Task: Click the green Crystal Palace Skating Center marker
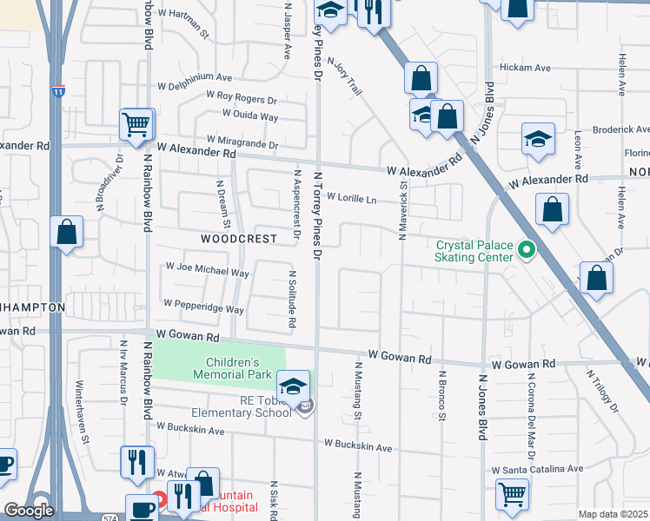[x=525, y=251]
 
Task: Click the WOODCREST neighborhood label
[x=238, y=238]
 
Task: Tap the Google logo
[x=29, y=511]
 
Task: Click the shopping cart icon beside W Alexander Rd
[x=136, y=124]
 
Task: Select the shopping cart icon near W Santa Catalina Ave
[x=513, y=493]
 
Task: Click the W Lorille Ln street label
[x=351, y=199]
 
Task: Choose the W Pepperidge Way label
[x=203, y=307]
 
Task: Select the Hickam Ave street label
[x=525, y=68]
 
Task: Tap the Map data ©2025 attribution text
[x=613, y=514]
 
